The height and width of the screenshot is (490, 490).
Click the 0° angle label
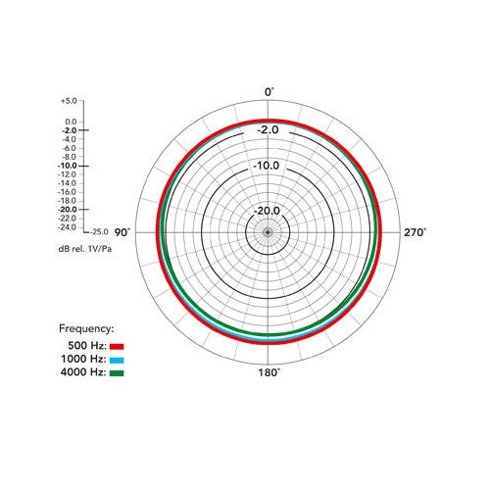click(x=269, y=92)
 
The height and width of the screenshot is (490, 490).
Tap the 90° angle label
click(x=122, y=232)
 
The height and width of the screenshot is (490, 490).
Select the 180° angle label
click(x=269, y=372)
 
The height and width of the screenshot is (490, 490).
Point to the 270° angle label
click(x=415, y=232)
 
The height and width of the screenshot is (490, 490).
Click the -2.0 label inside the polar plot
click(x=268, y=130)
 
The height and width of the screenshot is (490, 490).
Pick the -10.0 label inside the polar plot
click(x=267, y=166)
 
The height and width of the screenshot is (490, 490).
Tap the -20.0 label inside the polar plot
click(x=268, y=211)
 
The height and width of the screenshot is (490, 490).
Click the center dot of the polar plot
click(x=268, y=232)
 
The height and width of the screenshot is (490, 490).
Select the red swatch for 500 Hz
click(x=117, y=347)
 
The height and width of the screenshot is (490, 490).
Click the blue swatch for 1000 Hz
click(x=117, y=361)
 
